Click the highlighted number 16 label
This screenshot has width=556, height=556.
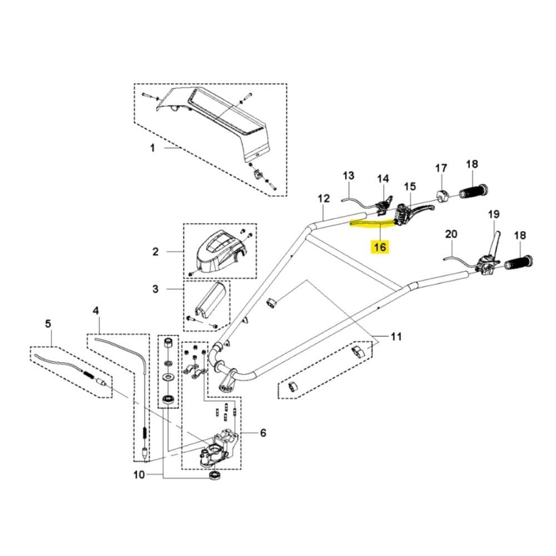[x=380, y=246]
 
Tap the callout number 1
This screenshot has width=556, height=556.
[x=152, y=148]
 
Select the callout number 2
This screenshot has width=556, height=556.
[x=156, y=252]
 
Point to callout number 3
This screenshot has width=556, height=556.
[x=156, y=289]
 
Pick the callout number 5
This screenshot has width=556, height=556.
[x=263, y=432]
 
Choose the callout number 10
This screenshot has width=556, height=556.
[x=138, y=474]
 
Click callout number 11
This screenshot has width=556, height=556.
[x=396, y=336]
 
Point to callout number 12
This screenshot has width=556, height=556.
[x=324, y=198]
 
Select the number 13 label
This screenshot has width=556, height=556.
[x=348, y=176]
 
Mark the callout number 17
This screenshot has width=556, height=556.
[x=441, y=168]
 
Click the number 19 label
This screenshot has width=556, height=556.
[x=494, y=214]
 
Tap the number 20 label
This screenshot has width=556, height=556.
[x=451, y=234]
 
